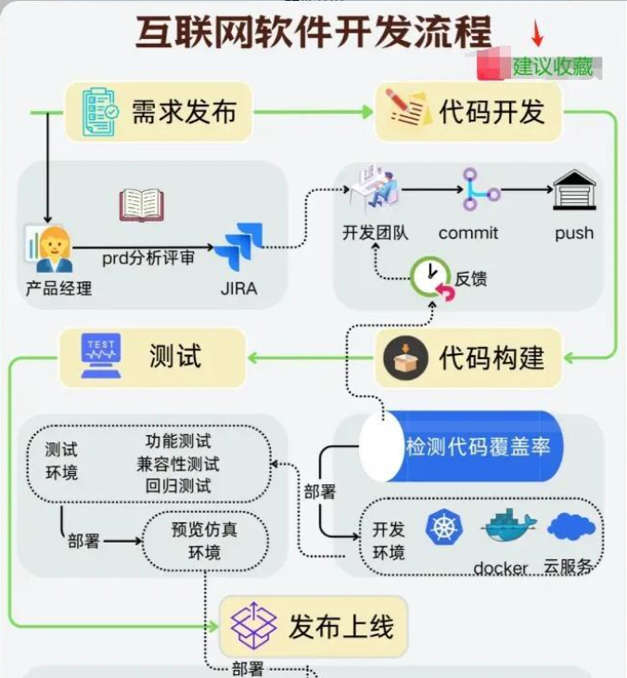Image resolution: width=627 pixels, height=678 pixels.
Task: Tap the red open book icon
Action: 142,205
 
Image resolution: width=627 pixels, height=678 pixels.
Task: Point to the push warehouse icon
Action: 574,190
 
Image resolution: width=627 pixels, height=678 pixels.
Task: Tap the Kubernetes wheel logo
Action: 444,529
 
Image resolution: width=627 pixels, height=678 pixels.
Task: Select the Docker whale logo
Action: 507,530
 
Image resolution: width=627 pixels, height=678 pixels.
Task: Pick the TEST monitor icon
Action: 100,356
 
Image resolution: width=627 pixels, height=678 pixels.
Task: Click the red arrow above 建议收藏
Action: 537,34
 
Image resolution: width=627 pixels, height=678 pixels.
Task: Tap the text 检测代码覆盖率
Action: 479,446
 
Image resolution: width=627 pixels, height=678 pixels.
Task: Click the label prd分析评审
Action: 148,258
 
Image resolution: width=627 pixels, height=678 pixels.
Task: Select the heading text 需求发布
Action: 184,111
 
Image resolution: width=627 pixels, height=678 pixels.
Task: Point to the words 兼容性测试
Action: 178,463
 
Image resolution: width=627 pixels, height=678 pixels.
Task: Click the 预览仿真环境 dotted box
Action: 204,541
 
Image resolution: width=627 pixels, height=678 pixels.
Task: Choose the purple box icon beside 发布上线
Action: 254,625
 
